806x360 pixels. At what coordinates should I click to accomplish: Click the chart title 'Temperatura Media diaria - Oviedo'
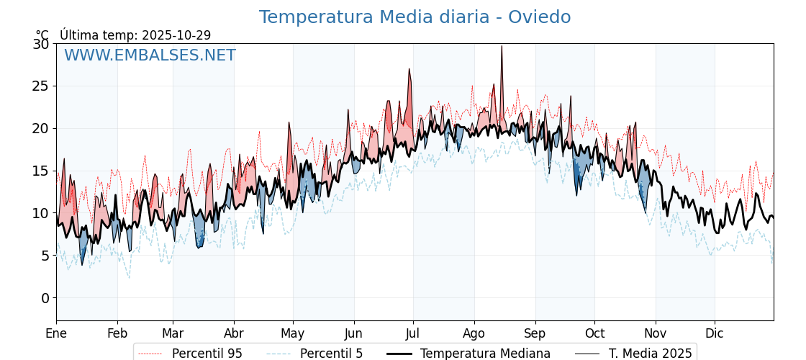(x=415, y=17)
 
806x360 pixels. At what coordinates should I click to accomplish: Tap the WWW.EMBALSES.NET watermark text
(x=150, y=55)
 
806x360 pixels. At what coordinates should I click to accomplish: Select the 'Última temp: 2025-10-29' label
(x=135, y=35)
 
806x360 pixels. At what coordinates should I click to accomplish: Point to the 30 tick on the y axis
(x=41, y=44)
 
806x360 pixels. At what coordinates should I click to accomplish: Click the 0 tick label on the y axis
(x=45, y=298)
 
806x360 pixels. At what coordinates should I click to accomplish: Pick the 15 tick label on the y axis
(x=41, y=171)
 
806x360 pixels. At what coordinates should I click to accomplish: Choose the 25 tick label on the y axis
(x=41, y=86)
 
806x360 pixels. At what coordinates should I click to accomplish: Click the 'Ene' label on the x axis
(x=56, y=333)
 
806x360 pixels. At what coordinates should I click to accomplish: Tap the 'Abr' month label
(x=234, y=333)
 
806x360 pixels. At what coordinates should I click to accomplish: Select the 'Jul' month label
(x=413, y=333)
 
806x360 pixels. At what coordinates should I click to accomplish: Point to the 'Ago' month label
(x=474, y=333)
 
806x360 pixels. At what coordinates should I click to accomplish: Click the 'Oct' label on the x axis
(x=594, y=333)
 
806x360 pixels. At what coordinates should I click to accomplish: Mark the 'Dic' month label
(x=715, y=333)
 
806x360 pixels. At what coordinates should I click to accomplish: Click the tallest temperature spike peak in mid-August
(x=502, y=46)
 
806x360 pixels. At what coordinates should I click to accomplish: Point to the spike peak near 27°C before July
(x=409, y=69)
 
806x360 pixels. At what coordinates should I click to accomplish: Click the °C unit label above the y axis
(x=42, y=35)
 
